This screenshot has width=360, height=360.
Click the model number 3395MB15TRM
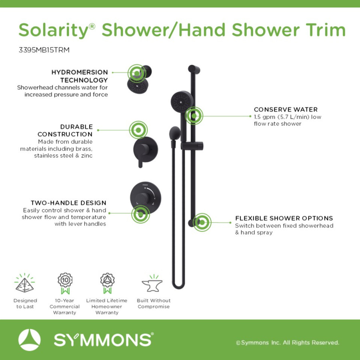click(44, 50)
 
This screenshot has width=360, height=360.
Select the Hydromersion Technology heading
click(80, 76)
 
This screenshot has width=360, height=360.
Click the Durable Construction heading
click(65, 130)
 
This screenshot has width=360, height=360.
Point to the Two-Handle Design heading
click(68, 203)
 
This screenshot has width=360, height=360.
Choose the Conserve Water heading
click(286, 109)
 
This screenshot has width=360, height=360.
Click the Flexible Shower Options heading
click(284, 218)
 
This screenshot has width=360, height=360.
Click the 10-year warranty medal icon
click(65, 283)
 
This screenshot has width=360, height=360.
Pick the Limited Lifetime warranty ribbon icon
click(107, 283)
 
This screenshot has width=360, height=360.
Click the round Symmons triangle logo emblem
click(29, 340)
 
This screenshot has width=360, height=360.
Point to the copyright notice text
click(288, 342)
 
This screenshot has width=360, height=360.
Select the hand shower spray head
click(182, 101)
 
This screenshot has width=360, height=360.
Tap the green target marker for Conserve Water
click(194, 116)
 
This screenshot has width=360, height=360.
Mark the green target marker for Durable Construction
click(138, 130)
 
